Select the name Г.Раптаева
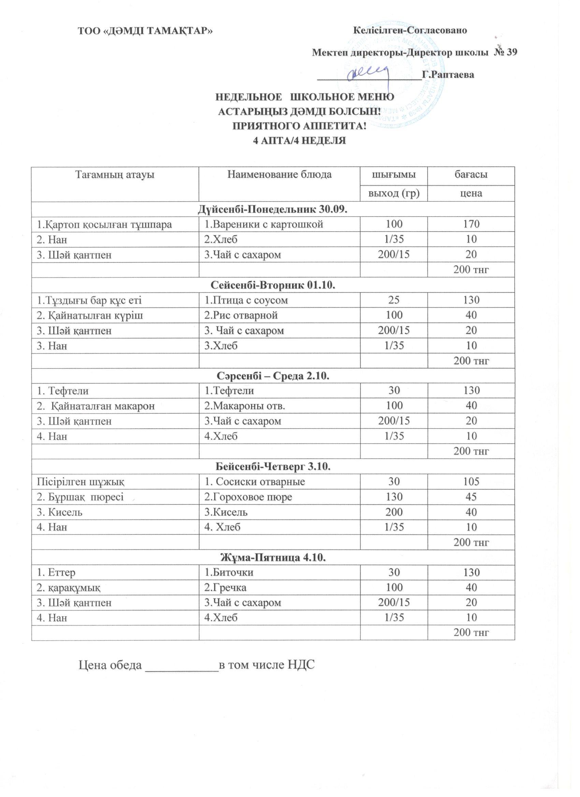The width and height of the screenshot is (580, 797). pyautogui.click(x=448, y=74)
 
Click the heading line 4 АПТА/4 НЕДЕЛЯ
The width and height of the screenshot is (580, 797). pyautogui.click(x=300, y=141)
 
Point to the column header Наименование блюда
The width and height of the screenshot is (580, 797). pyautogui.click(x=279, y=175)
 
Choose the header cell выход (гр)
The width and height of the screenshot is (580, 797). pyautogui.click(x=394, y=193)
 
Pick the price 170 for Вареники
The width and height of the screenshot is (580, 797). pyautogui.click(x=471, y=224)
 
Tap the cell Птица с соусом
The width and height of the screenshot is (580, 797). pyautogui.click(x=246, y=300)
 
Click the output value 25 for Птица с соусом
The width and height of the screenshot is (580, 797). pyautogui.click(x=394, y=300)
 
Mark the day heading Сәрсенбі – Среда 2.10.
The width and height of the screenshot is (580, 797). pyautogui.click(x=272, y=376)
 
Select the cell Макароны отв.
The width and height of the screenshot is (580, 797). pyautogui.click(x=245, y=406)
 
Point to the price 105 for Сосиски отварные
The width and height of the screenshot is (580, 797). pyautogui.click(x=471, y=482)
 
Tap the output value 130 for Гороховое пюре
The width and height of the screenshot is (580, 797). pyautogui.click(x=394, y=497)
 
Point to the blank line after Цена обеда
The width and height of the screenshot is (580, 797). pyautogui.click(x=182, y=667)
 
